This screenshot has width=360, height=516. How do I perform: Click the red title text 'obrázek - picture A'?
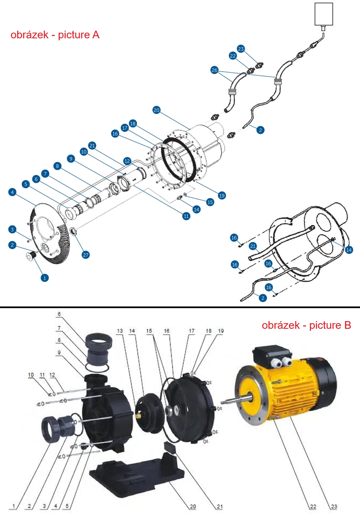click(55, 35)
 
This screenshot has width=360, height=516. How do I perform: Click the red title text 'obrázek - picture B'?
click(306, 325)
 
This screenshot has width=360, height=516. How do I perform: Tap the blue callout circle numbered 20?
click(157, 110)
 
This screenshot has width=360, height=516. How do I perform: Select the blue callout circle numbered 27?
click(86, 255)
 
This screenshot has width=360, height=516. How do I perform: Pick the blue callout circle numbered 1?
click(45, 278)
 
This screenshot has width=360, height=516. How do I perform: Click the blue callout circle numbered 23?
click(241, 49)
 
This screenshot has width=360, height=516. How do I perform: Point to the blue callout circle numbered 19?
click(222, 196)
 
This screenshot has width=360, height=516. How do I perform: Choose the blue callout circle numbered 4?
click(12, 192)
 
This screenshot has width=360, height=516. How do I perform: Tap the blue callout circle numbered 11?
click(186, 216)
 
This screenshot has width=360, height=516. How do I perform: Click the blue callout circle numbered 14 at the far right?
click(349, 250)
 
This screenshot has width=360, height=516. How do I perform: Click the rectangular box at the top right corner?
click(324, 14)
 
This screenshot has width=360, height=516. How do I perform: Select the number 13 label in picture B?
click(120, 331)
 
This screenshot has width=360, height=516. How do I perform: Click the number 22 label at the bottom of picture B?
click(313, 506)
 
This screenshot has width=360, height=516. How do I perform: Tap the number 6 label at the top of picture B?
click(59, 314)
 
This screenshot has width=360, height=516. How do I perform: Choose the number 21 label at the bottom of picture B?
click(220, 506)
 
